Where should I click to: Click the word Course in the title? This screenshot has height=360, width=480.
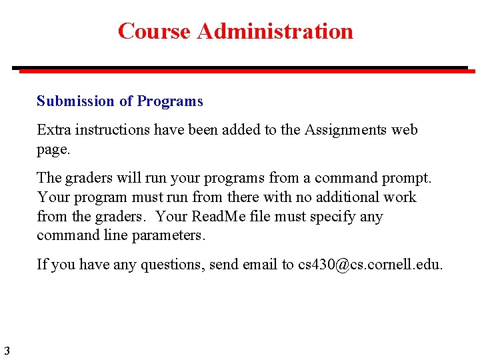154,31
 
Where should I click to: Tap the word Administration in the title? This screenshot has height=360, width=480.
275,31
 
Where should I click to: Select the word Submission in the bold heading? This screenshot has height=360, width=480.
75,101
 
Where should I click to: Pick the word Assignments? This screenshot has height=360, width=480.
345,130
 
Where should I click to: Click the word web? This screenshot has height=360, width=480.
404,130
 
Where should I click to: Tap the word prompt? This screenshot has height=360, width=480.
408,178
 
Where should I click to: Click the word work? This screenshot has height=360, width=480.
401,197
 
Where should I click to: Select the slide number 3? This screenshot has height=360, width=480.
6,351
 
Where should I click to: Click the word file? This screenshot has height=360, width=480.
261,217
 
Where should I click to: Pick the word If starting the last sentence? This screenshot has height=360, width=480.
41,265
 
